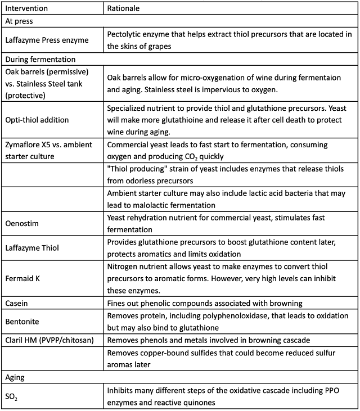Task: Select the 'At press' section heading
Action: tap(19, 21)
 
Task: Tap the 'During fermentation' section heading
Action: tap(40, 58)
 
